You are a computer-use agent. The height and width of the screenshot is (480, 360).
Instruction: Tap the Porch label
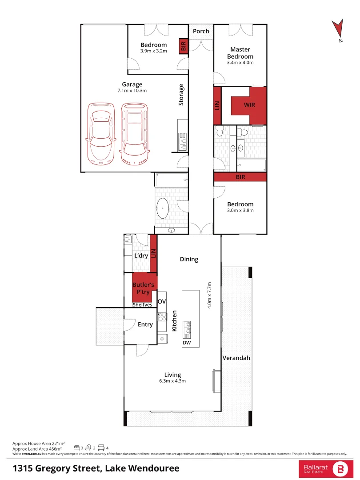(x=201, y=31)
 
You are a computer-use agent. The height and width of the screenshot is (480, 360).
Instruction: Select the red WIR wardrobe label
(x=249, y=105)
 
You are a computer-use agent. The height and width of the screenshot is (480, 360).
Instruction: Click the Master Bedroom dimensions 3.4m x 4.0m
(x=240, y=63)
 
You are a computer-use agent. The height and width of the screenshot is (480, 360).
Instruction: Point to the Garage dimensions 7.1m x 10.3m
(x=132, y=91)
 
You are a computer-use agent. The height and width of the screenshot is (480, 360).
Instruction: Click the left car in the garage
(x=101, y=133)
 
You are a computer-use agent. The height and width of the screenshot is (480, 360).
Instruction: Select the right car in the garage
(x=133, y=133)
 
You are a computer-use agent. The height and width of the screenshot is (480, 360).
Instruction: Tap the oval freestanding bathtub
(x=163, y=209)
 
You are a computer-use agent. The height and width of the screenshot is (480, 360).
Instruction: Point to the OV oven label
(x=162, y=302)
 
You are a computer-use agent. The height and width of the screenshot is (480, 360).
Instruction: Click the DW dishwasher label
(x=186, y=343)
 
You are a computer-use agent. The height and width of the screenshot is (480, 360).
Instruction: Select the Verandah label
(x=236, y=358)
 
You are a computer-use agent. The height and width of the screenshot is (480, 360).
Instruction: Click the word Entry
(x=145, y=324)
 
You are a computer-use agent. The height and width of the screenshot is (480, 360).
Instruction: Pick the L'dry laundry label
(x=141, y=256)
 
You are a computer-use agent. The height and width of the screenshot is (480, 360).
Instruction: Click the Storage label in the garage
(x=181, y=95)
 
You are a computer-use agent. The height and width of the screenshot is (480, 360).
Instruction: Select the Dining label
(x=189, y=259)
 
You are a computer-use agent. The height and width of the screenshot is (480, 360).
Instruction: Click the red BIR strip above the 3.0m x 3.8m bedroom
(x=240, y=177)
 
